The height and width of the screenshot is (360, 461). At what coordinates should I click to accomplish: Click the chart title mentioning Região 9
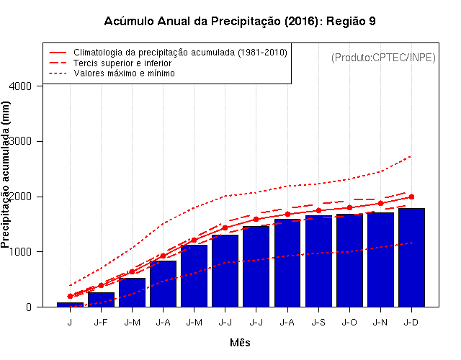pyautogui.click(x=239, y=22)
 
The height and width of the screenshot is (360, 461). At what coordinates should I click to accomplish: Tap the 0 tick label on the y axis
pyautogui.click(x=30, y=307)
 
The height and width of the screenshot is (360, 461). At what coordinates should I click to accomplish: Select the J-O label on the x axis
pyautogui.click(x=349, y=323)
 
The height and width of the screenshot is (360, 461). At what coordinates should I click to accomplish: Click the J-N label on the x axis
pyautogui.click(x=380, y=323)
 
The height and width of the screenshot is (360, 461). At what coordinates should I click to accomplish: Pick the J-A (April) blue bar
pyautogui.click(x=164, y=284)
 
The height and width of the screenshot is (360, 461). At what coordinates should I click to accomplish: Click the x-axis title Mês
pyautogui.click(x=240, y=343)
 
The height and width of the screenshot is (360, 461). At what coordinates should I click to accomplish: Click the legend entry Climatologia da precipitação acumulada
pyautogui.click(x=180, y=53)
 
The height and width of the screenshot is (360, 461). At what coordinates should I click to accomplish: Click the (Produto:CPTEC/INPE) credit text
pyautogui.click(x=383, y=57)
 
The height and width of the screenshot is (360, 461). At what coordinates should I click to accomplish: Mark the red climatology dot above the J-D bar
pyautogui.click(x=411, y=197)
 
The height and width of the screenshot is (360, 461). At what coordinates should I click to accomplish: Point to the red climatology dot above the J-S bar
pyautogui.click(x=318, y=210)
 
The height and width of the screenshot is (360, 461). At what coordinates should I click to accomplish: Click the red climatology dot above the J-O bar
pyautogui.click(x=349, y=207)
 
